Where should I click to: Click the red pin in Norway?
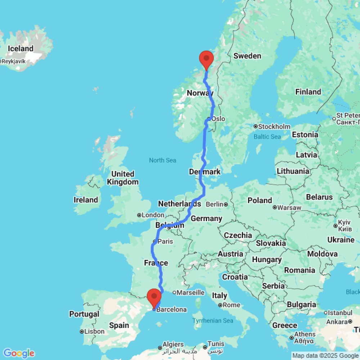(x=207, y=59)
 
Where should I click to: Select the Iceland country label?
(x=21, y=49)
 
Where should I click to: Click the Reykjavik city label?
(x=14, y=61)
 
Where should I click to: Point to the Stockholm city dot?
(x=255, y=126)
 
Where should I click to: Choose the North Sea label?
(x=163, y=160)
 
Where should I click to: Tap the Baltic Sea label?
(x=267, y=136)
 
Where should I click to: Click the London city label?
(x=153, y=215)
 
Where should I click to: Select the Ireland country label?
(x=86, y=200)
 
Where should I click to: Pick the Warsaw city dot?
(x=275, y=207)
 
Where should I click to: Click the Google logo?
(x=19, y=353)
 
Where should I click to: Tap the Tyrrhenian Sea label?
(x=213, y=320)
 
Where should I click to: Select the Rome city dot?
(x=220, y=305)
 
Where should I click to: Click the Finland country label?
(x=308, y=92)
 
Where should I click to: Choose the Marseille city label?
(x=191, y=292)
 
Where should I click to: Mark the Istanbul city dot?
(x=325, y=312)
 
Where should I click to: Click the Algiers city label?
(x=173, y=344)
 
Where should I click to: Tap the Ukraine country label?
(x=341, y=239)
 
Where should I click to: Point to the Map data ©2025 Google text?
(x=325, y=356)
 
